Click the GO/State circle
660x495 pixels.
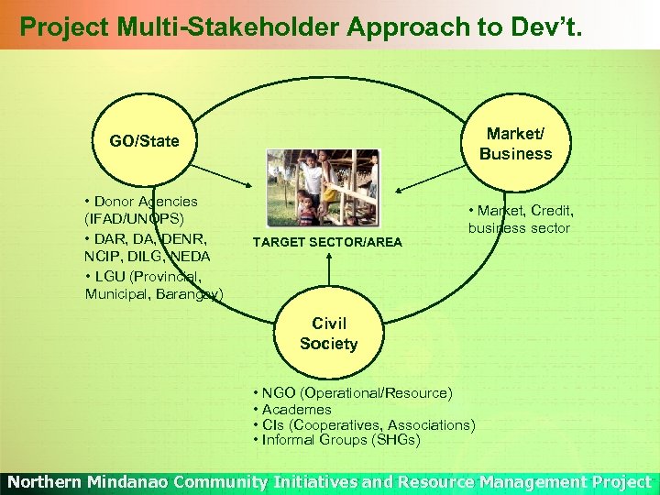click(144, 142)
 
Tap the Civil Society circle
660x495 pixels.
click(328, 334)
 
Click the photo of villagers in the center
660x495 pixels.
click(322, 188)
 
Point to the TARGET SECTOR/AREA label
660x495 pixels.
click(327, 242)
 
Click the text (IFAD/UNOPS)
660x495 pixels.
click(135, 218)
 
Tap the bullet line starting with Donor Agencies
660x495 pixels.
click(140, 201)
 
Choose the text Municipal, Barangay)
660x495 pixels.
click(153, 293)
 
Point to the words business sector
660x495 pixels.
click(519, 228)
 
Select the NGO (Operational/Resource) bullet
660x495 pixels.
click(352, 393)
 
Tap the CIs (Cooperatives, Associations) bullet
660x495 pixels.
click(364, 424)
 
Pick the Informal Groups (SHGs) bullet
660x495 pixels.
click(336, 440)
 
